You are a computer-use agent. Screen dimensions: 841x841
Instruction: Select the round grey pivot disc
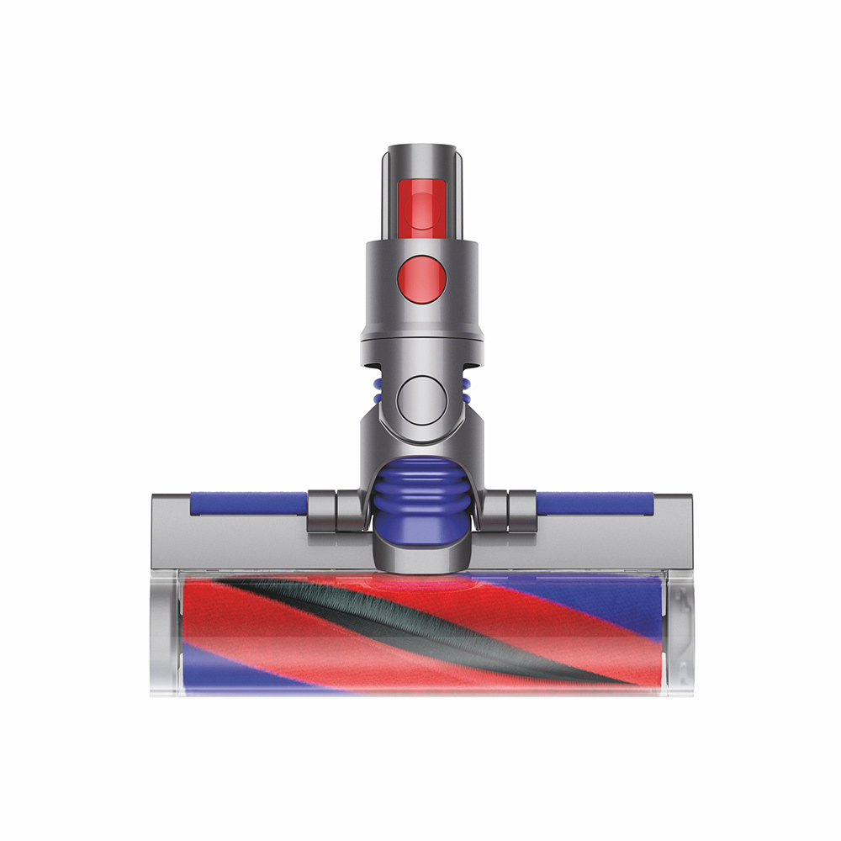pyautogui.click(x=420, y=398)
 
